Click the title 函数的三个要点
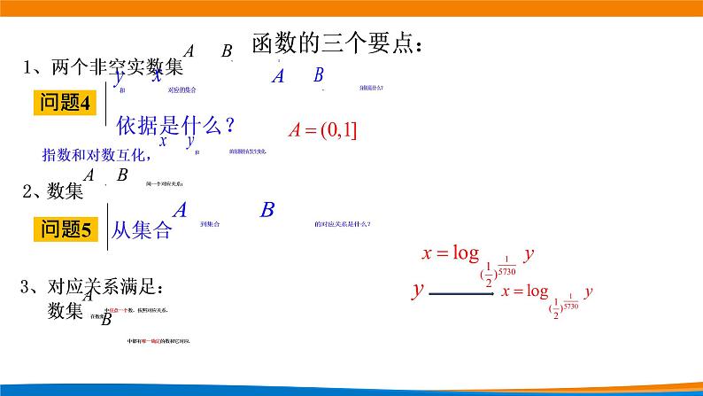[x=337, y=43]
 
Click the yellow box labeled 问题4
[x=67, y=103]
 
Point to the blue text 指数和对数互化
[x=97, y=153]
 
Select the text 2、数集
[x=52, y=190]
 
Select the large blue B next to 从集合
[x=267, y=210]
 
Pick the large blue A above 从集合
[x=180, y=210]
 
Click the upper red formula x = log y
[x=478, y=254]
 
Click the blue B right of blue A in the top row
[x=319, y=75]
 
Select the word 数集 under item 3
[x=66, y=310]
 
